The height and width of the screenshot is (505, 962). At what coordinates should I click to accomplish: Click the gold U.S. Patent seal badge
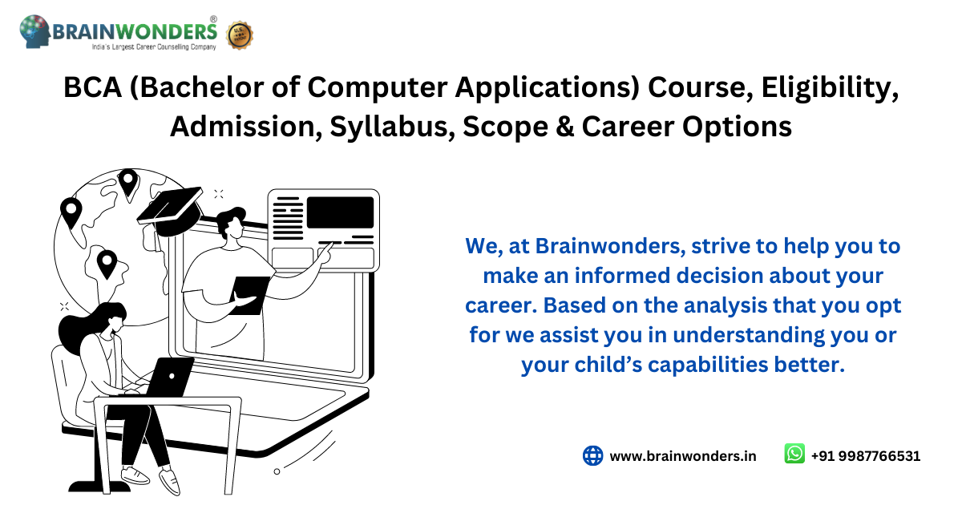point(239,35)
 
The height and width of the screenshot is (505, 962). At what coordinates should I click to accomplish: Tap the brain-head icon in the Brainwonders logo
point(34,31)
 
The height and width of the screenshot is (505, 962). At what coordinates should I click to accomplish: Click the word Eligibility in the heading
point(830,88)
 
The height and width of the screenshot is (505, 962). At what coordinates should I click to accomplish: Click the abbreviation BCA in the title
point(93,87)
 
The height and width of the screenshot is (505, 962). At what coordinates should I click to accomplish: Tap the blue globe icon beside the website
point(592,455)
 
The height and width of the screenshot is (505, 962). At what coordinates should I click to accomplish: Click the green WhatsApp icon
point(794,454)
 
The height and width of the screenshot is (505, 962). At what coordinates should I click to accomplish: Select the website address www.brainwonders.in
point(683,456)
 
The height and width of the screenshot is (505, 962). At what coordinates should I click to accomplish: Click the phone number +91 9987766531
point(865,456)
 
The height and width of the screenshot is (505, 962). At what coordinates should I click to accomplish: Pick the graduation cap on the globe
point(171,210)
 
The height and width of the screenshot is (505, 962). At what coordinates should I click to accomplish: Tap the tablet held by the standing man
point(249,295)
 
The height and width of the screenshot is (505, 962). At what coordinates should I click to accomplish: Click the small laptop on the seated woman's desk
point(170,377)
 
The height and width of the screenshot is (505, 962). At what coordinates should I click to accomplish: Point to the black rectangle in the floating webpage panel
point(340,212)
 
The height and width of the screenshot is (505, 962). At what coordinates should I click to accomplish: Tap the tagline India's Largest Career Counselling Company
point(154,46)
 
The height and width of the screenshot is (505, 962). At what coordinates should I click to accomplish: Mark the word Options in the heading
point(737,127)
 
